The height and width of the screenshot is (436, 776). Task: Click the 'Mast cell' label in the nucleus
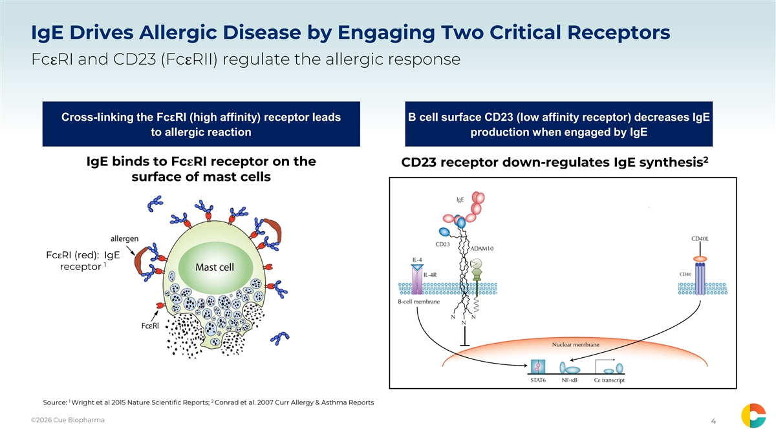point(215,267)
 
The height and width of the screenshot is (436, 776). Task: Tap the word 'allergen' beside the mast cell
point(124,238)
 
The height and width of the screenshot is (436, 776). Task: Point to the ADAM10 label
point(482,249)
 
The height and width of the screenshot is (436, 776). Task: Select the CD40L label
point(700,239)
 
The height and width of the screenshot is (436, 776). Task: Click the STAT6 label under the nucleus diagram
point(538,380)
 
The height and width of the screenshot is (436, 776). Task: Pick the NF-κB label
point(569,380)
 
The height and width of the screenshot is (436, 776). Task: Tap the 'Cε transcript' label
point(609,380)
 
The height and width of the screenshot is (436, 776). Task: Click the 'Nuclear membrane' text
point(576,345)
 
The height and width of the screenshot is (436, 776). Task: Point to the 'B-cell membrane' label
point(418,302)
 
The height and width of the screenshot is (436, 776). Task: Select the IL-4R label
point(430,275)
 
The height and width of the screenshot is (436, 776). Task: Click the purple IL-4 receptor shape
point(417,280)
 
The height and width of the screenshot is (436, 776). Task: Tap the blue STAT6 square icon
point(538,367)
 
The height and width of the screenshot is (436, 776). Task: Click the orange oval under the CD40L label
point(700,259)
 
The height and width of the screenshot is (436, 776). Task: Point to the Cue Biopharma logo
point(753,415)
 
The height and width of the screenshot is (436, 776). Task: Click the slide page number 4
point(713,420)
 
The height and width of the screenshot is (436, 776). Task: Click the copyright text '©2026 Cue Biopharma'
point(67,420)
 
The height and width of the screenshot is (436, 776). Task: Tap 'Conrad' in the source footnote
point(226,402)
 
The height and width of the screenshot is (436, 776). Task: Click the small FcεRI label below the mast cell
point(150,326)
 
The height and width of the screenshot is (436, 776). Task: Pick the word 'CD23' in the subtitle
point(135,59)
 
